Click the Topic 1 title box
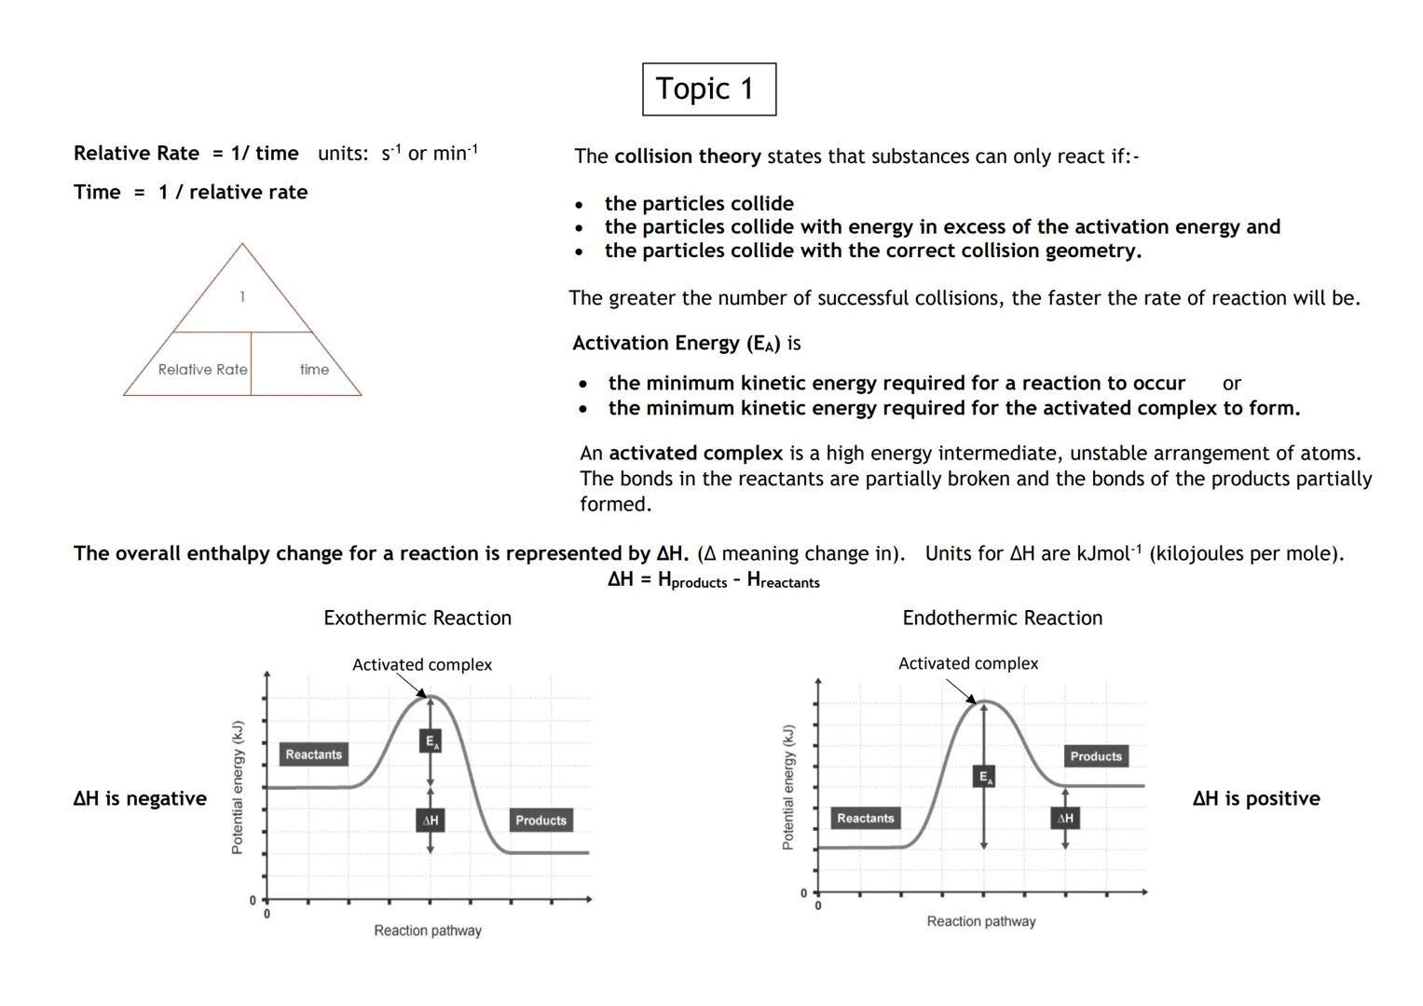[709, 89]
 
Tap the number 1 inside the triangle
[242, 297]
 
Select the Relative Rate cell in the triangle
[203, 370]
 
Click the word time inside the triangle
[314, 370]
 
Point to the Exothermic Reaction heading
[417, 618]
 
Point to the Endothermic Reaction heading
[1002, 618]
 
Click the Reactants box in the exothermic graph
[314, 754]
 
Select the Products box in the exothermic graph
[540, 821]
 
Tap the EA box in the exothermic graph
[430, 741]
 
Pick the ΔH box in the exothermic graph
[430, 821]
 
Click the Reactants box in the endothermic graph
[865, 819]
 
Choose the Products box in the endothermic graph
[1096, 756]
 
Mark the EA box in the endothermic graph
[984, 776]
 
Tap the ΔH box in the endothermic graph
[1065, 819]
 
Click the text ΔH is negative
[140, 798]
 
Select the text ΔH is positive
[1255, 798]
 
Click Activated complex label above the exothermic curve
[422, 665]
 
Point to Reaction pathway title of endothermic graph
[980, 921]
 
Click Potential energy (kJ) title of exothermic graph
[238, 787]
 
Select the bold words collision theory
[688, 156]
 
